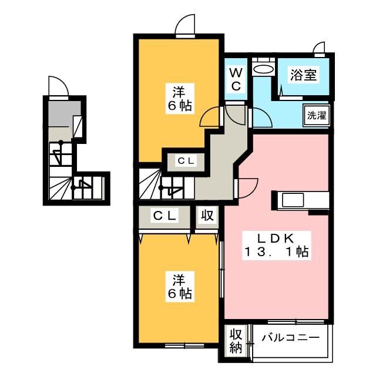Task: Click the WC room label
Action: tap(236, 79)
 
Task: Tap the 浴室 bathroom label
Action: tap(303, 75)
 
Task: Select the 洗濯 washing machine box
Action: tap(317, 115)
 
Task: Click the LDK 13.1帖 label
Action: tap(277, 246)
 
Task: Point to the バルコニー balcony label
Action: tap(291, 338)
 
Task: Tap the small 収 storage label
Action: tap(207, 215)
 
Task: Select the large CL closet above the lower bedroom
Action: tap(164, 217)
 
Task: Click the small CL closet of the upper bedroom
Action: tap(186, 161)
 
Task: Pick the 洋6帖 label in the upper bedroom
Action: tap(180, 99)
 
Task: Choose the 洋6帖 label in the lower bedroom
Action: tap(180, 287)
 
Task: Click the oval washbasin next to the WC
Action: tap(263, 70)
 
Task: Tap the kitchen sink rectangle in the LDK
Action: tap(293, 200)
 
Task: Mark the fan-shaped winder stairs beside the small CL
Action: tap(150, 183)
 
